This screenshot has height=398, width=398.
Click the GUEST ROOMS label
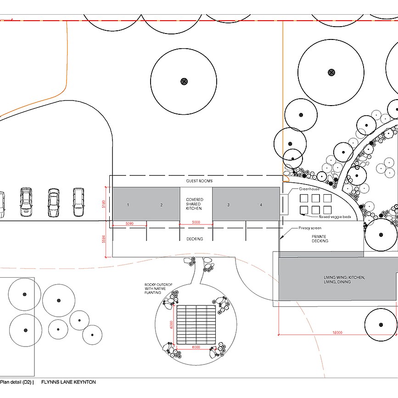pos(199,181)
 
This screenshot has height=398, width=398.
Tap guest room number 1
pos(128,205)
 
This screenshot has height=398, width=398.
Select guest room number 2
pos(162,205)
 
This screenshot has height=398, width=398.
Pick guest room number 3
pos(229,205)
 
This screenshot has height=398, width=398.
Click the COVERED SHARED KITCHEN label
pos(194,204)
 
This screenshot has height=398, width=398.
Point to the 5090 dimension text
pos(129,224)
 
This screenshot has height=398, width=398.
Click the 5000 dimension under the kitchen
pos(196,222)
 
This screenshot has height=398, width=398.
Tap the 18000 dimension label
pos(337,332)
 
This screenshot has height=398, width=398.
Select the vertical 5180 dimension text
pos(104,204)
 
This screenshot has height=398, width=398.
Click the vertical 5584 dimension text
pos(104,239)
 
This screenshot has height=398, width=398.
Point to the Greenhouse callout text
pos(309,189)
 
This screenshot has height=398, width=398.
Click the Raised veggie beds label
pos(335,217)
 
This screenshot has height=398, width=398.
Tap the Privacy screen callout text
pos(310,228)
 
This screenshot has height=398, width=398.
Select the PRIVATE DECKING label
pos(320,239)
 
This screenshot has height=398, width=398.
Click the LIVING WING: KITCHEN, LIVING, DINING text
pos(344,280)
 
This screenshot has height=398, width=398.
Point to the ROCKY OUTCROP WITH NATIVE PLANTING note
pos(158,289)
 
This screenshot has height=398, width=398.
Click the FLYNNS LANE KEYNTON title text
pos(68,382)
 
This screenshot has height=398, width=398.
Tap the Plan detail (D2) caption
pos(16,382)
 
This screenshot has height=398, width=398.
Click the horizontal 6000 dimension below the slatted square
pos(196,347)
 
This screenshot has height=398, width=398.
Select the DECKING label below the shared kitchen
pos(195,239)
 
